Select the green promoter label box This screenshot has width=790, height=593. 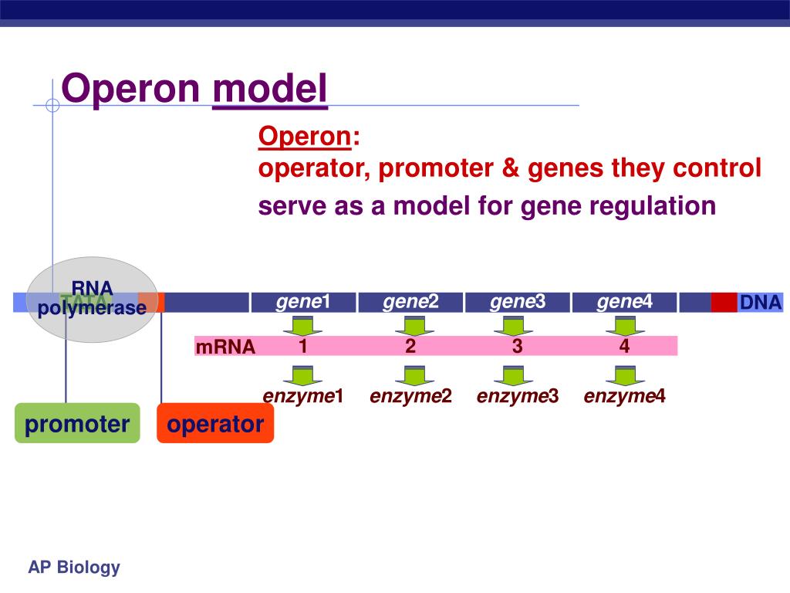(x=77, y=423)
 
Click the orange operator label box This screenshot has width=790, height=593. (x=215, y=423)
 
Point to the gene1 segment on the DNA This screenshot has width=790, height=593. (x=303, y=302)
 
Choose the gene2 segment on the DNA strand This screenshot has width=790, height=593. (x=410, y=302)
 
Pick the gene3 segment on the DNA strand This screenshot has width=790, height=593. (x=517, y=302)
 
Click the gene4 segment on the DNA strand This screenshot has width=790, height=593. (x=624, y=302)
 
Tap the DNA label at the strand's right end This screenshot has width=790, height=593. (x=760, y=303)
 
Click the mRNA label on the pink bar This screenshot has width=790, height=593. (x=225, y=347)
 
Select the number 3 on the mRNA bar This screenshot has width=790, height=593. (x=517, y=346)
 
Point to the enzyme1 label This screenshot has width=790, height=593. (x=302, y=397)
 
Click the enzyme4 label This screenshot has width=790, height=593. (x=624, y=397)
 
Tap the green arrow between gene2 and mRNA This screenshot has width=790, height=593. (x=410, y=325)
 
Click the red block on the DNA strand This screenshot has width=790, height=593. (x=724, y=303)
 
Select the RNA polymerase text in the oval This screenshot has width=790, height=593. (x=93, y=298)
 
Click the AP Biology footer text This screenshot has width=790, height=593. (x=74, y=568)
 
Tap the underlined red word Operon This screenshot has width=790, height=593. (x=305, y=137)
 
